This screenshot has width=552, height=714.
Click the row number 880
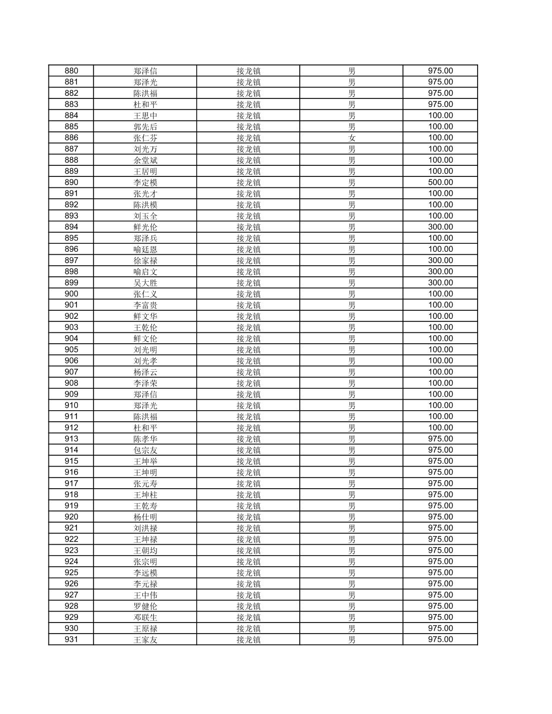tap(71, 71)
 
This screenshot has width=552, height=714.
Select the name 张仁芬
tap(145, 138)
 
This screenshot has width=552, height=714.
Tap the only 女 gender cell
tap(352, 138)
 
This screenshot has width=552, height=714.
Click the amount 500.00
tap(440, 182)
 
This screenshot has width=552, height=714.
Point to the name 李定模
tap(145, 182)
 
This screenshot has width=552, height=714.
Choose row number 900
tap(71, 294)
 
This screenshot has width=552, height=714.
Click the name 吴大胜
tap(145, 283)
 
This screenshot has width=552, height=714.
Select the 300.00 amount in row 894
tap(440, 227)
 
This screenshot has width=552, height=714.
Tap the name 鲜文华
tap(145, 316)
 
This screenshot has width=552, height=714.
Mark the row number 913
tap(71, 439)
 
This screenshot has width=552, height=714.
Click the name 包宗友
tap(145, 450)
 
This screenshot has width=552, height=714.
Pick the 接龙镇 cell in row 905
tap(248, 350)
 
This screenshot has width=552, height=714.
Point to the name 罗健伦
tap(145, 606)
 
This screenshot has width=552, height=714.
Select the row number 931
tap(71, 640)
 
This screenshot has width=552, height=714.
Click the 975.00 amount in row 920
tap(440, 517)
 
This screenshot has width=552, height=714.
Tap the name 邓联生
tap(145, 617)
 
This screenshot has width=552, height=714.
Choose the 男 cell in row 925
tap(352, 573)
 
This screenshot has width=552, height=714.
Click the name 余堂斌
tap(145, 160)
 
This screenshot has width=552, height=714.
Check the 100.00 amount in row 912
tap(440, 428)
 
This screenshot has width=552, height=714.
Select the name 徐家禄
tap(145, 260)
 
